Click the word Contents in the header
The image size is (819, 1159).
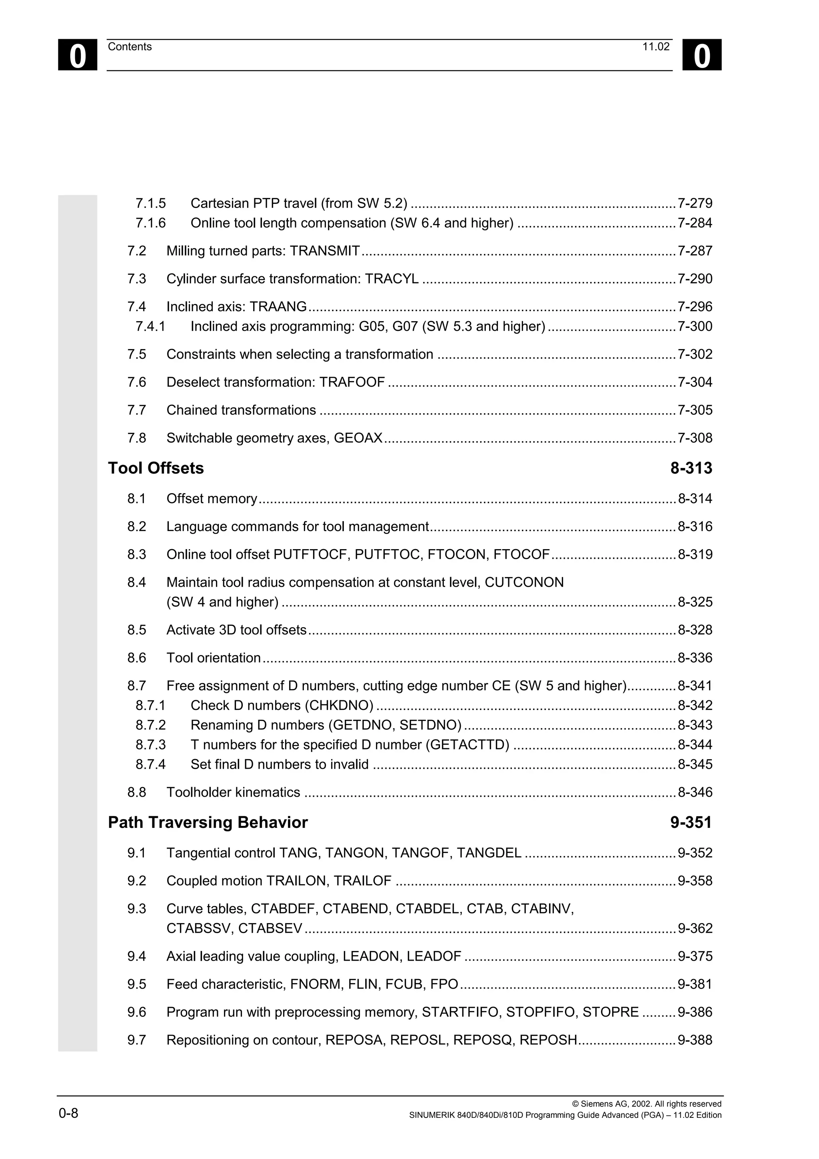coord(130,47)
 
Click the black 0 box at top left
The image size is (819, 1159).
coord(77,55)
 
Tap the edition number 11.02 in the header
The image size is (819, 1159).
coord(655,47)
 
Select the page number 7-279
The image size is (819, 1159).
coord(695,204)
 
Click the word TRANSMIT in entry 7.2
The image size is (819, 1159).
coord(325,251)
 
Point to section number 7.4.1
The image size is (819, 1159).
coord(150,327)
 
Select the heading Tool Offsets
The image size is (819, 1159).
coord(156,468)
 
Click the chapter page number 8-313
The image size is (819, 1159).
coord(691,468)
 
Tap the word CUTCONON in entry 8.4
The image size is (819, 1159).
coord(524,583)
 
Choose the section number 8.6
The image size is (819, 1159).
coord(137,658)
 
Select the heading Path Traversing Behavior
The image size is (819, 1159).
coord(208,822)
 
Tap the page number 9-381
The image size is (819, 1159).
coord(695,984)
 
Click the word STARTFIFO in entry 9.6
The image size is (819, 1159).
coord(461,1012)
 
